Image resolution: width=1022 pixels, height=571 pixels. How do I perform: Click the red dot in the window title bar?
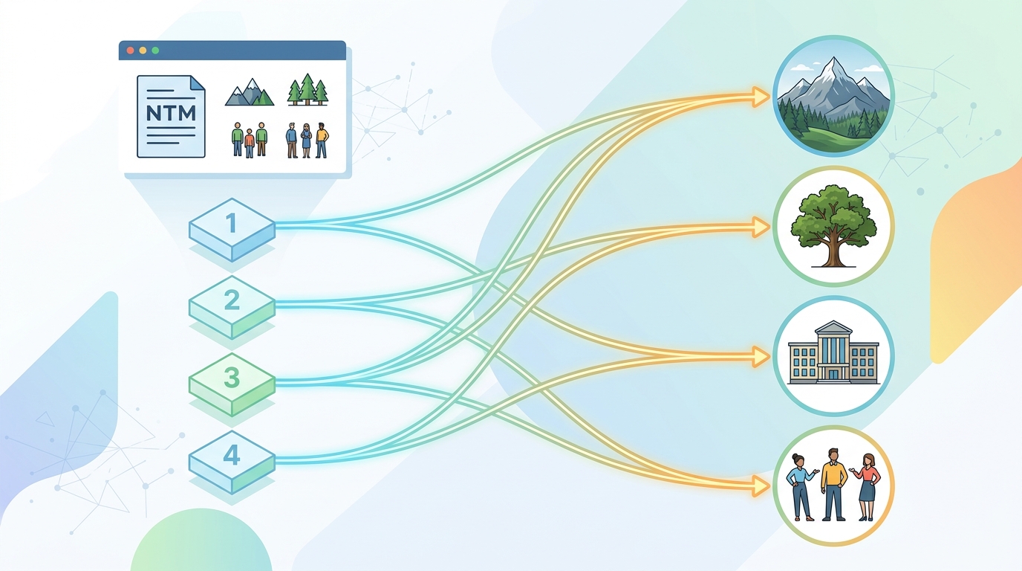pos(130,51)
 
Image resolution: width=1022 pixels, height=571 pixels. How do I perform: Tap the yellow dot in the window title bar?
pos(143,51)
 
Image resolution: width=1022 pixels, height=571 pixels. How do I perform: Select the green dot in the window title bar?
pos(155,51)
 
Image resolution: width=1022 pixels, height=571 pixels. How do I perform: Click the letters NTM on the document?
pos(171,113)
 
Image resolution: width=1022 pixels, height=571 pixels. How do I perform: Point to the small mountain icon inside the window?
pos(250,92)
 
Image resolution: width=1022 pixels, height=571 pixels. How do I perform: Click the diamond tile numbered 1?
pos(232,229)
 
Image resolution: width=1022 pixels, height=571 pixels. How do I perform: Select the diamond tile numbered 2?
pos(232,307)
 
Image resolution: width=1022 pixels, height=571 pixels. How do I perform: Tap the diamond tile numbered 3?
pos(232,384)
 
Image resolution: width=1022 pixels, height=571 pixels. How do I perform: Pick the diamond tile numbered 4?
pos(232,462)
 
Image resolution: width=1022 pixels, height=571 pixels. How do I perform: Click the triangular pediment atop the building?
pos(833,327)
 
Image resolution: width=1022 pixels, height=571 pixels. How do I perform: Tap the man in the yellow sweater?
pos(833,484)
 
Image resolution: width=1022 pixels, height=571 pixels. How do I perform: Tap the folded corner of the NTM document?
pos(198,83)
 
